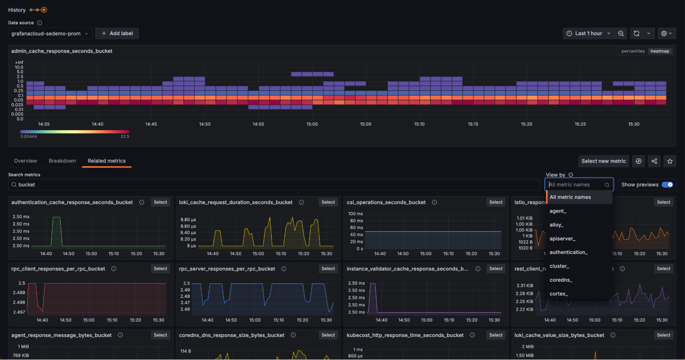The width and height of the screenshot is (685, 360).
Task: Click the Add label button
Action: [x=117, y=33]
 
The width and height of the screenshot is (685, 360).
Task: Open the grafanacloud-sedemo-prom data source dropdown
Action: [x=50, y=34]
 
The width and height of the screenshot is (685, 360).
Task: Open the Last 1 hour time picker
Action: [x=588, y=33]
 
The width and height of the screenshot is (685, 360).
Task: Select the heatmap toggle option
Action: [x=660, y=51]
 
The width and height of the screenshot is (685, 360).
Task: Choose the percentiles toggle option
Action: [x=633, y=51]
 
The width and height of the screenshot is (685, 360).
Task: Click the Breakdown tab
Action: [x=62, y=161]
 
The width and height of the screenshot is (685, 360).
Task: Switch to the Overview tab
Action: [x=25, y=161]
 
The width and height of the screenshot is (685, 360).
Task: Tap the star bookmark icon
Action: [x=670, y=161]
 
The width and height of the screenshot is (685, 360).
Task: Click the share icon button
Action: [x=654, y=161]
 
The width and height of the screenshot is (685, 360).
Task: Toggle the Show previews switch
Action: [x=667, y=184]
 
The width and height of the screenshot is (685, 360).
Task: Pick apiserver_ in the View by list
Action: [x=562, y=239]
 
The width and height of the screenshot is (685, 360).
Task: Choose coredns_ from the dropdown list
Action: [x=561, y=280]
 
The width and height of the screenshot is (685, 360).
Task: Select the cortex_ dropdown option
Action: [x=559, y=293]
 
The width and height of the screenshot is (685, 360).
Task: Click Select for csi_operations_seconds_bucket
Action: [x=496, y=202]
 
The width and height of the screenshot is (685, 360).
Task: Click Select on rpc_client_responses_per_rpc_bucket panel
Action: [x=160, y=269]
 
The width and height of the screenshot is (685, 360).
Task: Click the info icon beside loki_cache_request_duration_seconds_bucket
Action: [x=302, y=202]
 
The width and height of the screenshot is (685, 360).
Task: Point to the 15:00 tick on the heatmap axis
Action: [x=312, y=124]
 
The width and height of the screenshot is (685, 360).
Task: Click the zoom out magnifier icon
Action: [x=621, y=33]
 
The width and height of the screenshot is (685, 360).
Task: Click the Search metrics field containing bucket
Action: [x=274, y=184]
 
